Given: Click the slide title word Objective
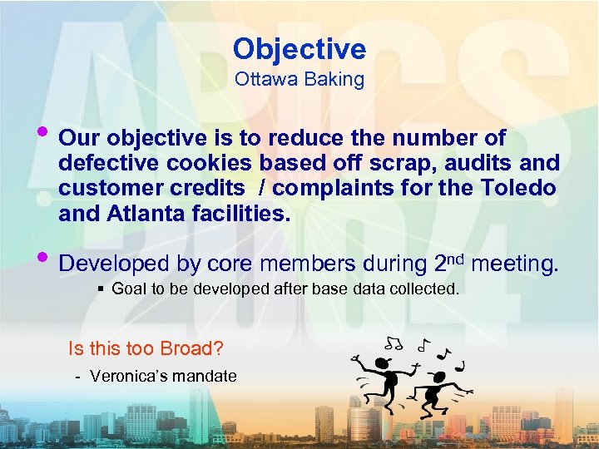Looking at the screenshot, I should [x=299, y=49].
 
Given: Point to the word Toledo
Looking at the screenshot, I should [x=518, y=189].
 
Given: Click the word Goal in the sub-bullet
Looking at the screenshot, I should [x=128, y=289].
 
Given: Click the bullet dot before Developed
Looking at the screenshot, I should [x=43, y=259].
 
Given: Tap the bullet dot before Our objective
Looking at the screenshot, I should [x=43, y=133].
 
